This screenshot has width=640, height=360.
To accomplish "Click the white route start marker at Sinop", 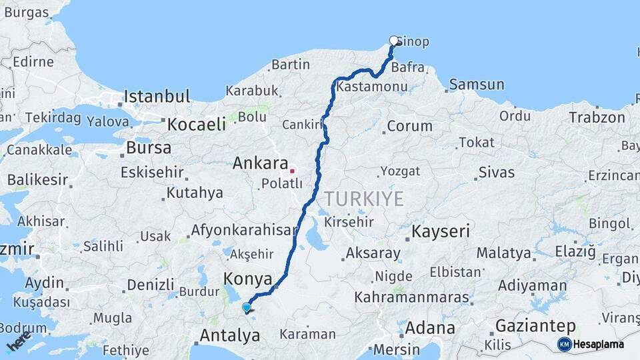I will (394, 40).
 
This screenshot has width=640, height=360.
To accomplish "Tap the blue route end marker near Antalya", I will (247, 307).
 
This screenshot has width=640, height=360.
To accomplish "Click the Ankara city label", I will (260, 163).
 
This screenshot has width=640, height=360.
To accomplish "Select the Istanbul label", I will (157, 97).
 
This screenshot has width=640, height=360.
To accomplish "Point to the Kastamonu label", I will (372, 87).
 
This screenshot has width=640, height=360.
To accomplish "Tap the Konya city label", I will (249, 279).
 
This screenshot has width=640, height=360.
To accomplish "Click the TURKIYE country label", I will (364, 199).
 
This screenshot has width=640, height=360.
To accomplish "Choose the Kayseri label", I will (441, 232).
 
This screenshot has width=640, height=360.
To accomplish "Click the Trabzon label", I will (597, 118).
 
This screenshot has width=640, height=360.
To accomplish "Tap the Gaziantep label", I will (535, 326).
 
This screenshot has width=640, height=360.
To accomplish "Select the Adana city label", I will (430, 328).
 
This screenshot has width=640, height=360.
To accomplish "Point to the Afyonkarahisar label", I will (244, 230).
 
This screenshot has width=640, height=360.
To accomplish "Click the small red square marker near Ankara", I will (292, 171).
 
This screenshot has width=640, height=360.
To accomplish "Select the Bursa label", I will (148, 147).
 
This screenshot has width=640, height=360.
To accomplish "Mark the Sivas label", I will (497, 173).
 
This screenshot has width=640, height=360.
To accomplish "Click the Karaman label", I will (307, 334).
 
